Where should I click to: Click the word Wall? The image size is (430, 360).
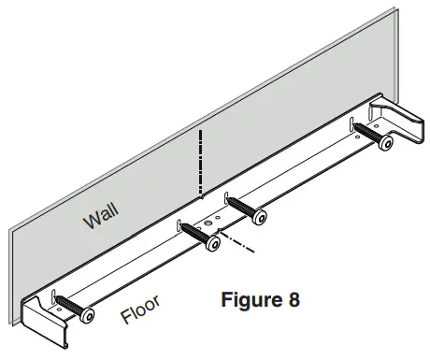coord(102,218)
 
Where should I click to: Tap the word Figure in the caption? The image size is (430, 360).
coord(245,301)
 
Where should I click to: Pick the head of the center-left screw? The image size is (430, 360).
coord(214,243)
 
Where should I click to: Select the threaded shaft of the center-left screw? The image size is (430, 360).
coord(195,233)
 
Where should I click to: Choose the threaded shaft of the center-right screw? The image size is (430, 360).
coord(242,206)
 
